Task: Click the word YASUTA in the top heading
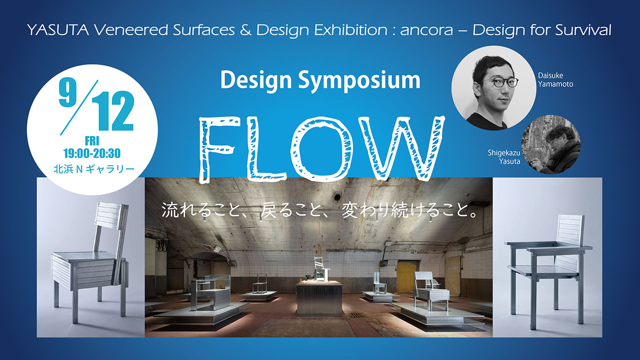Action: (x=58, y=30)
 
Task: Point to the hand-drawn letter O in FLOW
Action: (x=317, y=149)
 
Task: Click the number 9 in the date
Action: (x=68, y=91)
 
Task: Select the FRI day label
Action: (x=92, y=141)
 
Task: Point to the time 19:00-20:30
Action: (x=92, y=153)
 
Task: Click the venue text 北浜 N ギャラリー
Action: (x=94, y=169)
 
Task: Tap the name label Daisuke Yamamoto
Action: (x=555, y=79)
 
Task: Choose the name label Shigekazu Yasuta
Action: (x=504, y=157)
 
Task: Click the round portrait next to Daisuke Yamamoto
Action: (x=494, y=88)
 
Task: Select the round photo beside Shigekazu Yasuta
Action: (x=551, y=144)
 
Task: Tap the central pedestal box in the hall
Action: (x=319, y=298)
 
